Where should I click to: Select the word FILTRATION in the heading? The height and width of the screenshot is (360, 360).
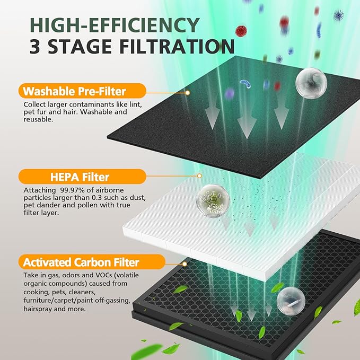click(x=175, y=47)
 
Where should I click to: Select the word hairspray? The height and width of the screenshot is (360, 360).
click(x=41, y=308)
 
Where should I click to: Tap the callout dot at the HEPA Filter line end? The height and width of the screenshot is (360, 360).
click(x=199, y=175)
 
